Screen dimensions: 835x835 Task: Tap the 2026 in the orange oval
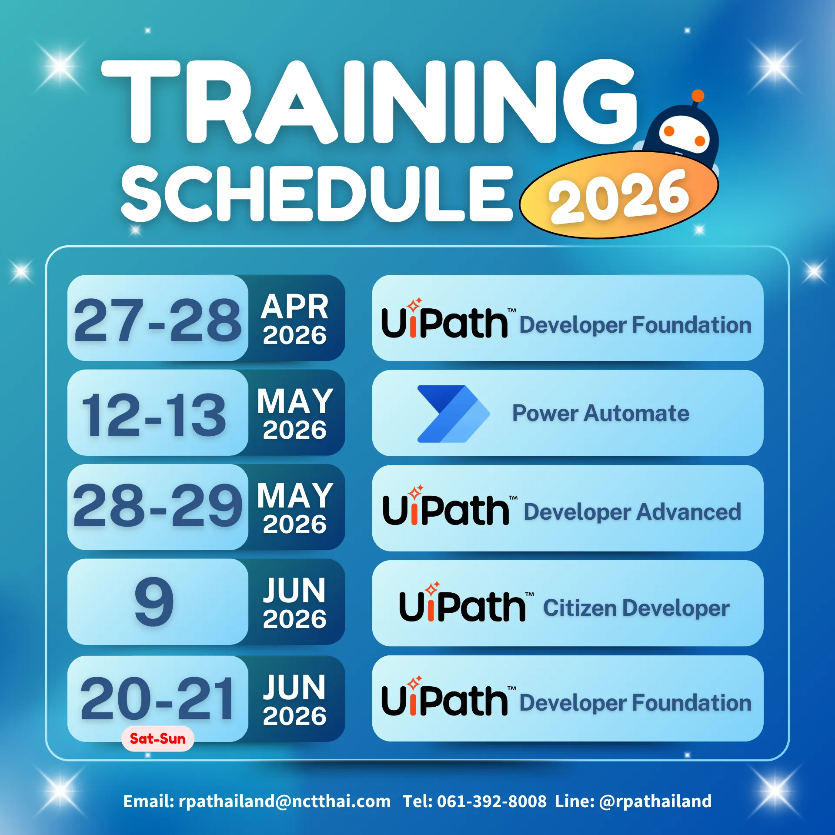pyautogui.click(x=618, y=196)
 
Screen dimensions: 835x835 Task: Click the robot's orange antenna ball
pyautogui.click(x=698, y=96)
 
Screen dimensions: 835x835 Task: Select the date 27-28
pyautogui.click(x=157, y=321)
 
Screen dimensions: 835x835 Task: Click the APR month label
pyautogui.click(x=295, y=307)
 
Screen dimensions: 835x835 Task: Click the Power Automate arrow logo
pyautogui.click(x=454, y=414)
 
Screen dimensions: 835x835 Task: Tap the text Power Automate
pyautogui.click(x=601, y=413)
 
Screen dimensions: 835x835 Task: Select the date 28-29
pyautogui.click(x=157, y=505)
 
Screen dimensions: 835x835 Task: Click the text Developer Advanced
pyautogui.click(x=632, y=512)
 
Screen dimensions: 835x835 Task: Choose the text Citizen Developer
pyautogui.click(x=636, y=608)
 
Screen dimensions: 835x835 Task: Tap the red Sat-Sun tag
pyautogui.click(x=157, y=738)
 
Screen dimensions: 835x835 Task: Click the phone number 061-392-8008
pyautogui.click(x=492, y=801)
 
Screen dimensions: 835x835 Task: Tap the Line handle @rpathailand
pyautogui.click(x=655, y=801)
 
